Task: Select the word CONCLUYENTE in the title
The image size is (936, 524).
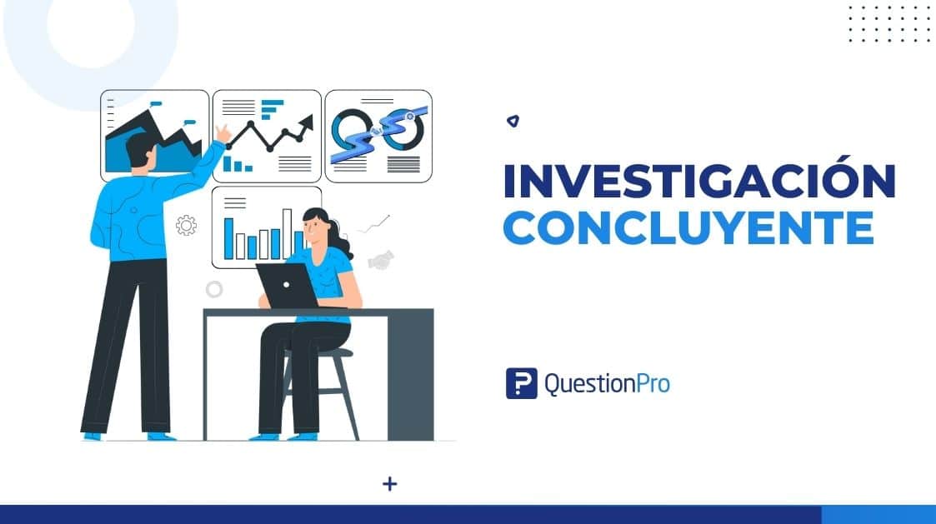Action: pyautogui.click(x=688, y=227)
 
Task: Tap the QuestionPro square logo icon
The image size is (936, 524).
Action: pyautogui.click(x=521, y=383)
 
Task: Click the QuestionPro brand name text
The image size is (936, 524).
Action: pyautogui.click(x=606, y=384)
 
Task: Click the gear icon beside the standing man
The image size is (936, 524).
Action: pyautogui.click(x=186, y=225)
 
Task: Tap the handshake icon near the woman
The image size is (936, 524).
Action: pyautogui.click(x=382, y=260)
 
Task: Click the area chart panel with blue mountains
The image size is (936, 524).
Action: pyautogui.click(x=155, y=136)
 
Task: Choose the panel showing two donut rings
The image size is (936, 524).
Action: pyautogui.click(x=378, y=135)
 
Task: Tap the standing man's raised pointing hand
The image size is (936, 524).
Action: pyautogui.click(x=223, y=132)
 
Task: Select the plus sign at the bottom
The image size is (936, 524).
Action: pyautogui.click(x=389, y=483)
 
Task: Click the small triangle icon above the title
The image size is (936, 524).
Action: pyautogui.click(x=513, y=121)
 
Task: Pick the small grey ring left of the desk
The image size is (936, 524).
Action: pyautogui.click(x=214, y=289)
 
